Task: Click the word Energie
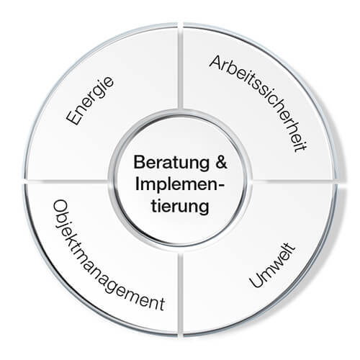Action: (x=90, y=101)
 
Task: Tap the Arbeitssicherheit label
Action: (x=258, y=103)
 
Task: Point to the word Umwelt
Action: (x=272, y=266)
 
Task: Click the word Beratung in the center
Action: (x=171, y=163)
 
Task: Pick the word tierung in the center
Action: (x=180, y=207)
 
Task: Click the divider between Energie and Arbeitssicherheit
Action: (x=181, y=66)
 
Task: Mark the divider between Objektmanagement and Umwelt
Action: (x=181, y=294)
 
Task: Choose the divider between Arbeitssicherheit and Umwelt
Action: (x=294, y=181)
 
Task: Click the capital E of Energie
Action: (x=73, y=117)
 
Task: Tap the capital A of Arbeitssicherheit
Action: (x=216, y=61)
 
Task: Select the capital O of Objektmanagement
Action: (x=59, y=207)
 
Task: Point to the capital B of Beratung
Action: (x=139, y=162)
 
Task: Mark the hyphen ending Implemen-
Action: (x=220, y=186)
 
